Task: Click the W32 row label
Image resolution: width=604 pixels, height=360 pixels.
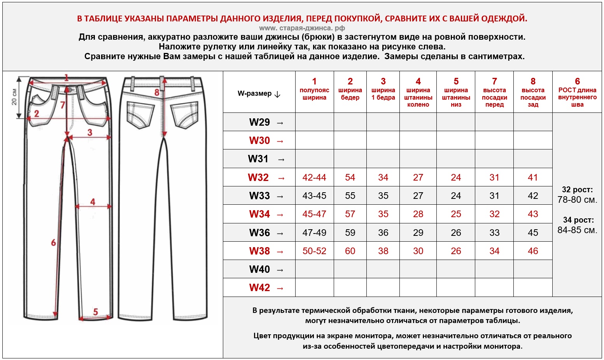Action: (x=259, y=177)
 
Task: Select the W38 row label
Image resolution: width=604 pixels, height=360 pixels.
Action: (x=259, y=251)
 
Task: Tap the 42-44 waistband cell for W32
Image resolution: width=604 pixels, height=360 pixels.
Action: (x=314, y=177)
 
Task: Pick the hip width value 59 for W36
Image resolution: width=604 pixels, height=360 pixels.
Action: (x=350, y=233)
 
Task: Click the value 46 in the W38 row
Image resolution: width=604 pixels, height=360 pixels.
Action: (x=533, y=251)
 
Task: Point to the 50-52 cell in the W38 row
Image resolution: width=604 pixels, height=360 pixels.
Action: (x=314, y=251)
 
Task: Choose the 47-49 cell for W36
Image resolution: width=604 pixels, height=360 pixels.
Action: (x=314, y=233)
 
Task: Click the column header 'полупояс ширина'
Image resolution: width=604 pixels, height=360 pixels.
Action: (x=314, y=93)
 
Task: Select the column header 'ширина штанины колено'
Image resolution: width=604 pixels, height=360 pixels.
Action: (x=418, y=97)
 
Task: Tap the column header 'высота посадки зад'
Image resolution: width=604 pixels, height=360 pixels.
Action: (x=533, y=97)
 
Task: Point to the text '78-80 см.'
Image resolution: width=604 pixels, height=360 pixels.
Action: (x=577, y=200)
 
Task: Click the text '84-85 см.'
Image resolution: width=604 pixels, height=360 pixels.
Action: (x=577, y=230)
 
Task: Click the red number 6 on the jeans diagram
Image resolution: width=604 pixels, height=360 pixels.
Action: (x=53, y=243)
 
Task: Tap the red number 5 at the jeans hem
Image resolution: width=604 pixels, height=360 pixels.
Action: (x=95, y=312)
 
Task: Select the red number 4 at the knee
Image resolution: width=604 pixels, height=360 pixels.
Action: (x=93, y=202)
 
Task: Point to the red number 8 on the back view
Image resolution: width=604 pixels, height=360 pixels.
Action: (x=157, y=93)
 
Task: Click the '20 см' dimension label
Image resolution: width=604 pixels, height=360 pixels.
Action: (x=14, y=97)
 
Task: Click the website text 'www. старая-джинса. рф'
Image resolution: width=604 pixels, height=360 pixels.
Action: (x=302, y=28)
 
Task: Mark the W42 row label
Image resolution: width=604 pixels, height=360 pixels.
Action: (x=259, y=288)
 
